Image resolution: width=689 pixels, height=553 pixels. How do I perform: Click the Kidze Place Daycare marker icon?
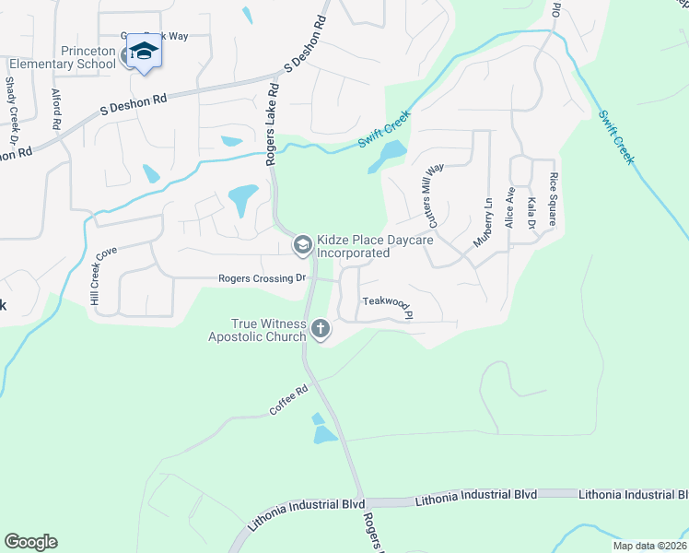[301, 245]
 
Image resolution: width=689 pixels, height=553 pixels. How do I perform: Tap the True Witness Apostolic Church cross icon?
[321, 328]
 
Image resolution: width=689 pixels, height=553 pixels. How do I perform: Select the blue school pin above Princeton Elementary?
[144, 50]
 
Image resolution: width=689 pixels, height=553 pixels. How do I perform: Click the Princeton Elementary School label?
[63, 57]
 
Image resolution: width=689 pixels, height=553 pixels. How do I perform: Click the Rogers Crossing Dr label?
[261, 278]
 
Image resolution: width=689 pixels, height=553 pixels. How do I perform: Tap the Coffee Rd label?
[288, 401]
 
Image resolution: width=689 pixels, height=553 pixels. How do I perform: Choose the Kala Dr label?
[531, 212]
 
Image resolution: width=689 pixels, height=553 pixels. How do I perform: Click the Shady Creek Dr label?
[11, 110]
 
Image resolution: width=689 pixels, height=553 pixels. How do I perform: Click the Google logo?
[30, 542]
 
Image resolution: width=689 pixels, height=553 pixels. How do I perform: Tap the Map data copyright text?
[650, 545]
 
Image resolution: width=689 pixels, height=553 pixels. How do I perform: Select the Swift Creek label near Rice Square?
[615, 138]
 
